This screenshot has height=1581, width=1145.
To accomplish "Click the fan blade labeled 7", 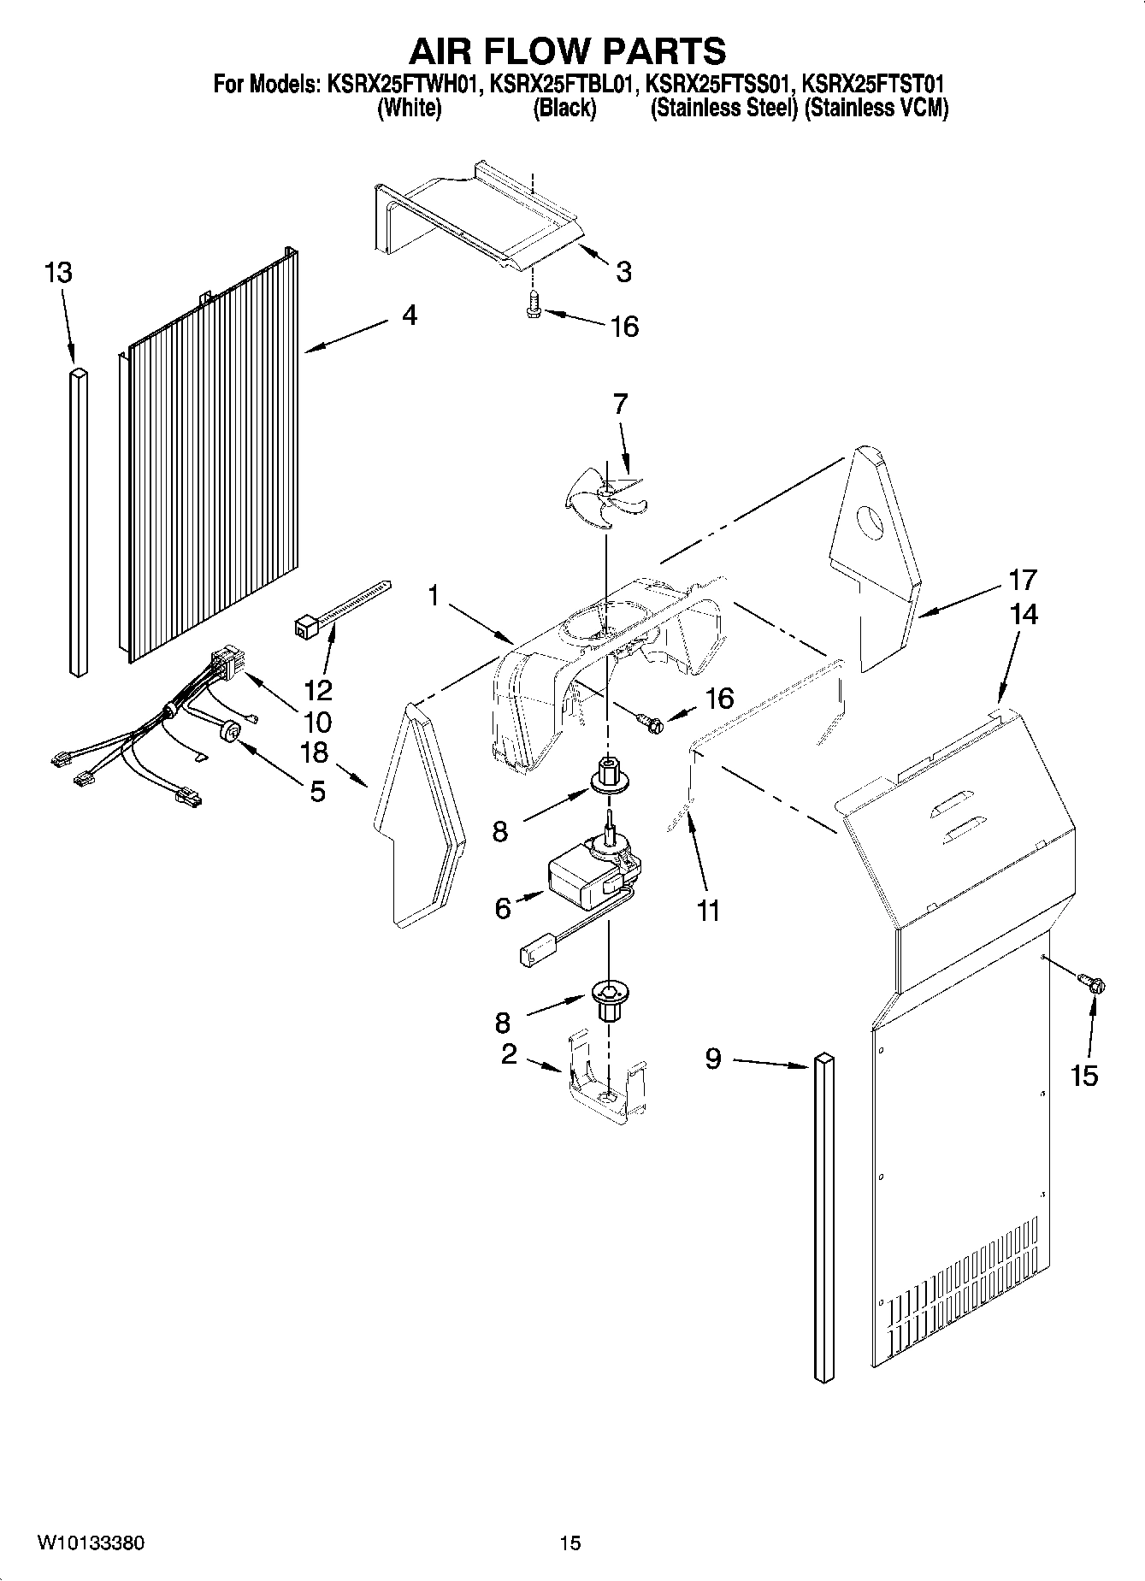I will click(x=605, y=500).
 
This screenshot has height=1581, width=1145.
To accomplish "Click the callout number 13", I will click(x=58, y=274).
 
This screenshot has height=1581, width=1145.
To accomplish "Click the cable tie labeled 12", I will click(x=342, y=608).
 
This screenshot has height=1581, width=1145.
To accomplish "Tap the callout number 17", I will click(x=1023, y=580).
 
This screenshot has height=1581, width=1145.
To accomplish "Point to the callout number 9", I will click(x=713, y=1059).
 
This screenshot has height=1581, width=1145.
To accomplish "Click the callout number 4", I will click(x=410, y=316).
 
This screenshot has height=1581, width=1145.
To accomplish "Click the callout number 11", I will click(x=708, y=911).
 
